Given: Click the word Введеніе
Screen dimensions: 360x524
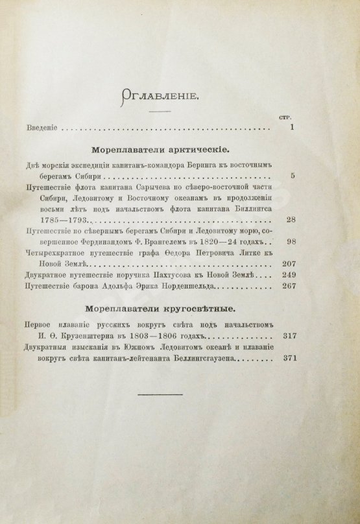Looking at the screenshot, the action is click(40, 128).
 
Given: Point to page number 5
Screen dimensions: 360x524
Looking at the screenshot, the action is click(293, 175).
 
